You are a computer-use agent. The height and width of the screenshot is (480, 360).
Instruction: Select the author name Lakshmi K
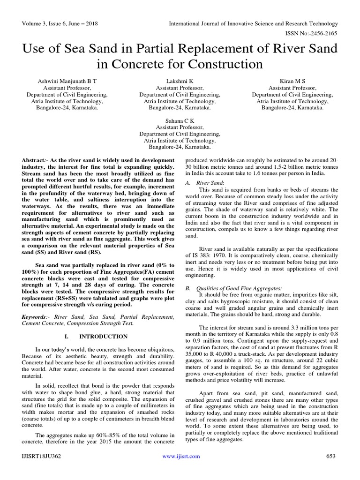(x=180, y=81)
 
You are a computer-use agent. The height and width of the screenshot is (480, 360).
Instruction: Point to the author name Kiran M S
(x=292, y=81)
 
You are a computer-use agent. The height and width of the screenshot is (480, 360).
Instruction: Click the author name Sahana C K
(x=180, y=120)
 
